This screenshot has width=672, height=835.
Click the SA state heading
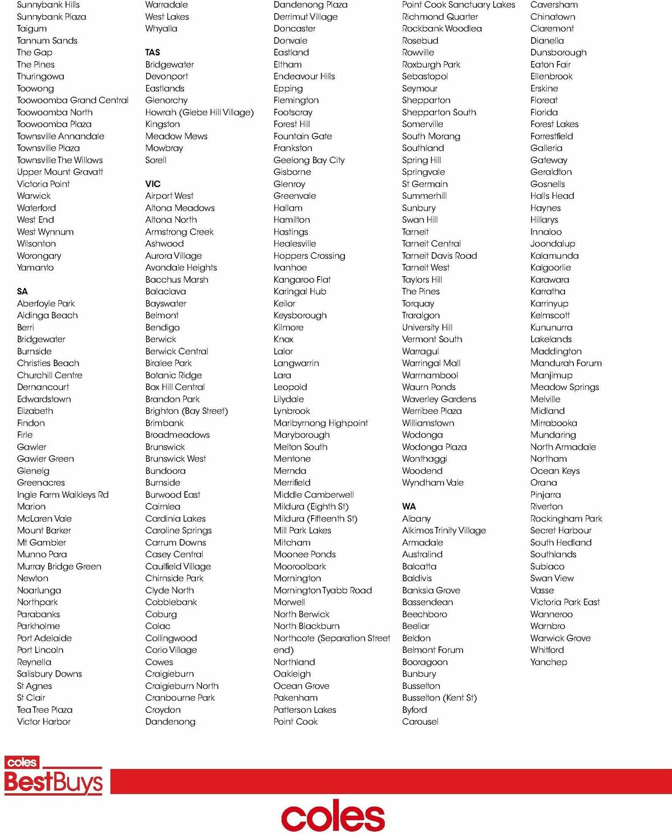click(22, 291)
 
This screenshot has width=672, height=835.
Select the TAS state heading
click(152, 52)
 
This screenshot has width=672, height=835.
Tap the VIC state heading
click(153, 184)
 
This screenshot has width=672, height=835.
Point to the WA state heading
click(409, 506)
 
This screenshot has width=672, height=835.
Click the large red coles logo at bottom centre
click(333, 818)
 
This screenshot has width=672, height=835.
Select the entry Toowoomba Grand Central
click(73, 100)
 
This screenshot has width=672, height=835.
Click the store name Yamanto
click(35, 267)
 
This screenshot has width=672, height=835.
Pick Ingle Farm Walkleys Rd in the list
click(63, 495)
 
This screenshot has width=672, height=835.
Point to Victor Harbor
click(44, 721)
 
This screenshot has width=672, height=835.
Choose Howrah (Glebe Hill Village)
click(199, 112)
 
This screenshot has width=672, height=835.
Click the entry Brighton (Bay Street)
click(186, 410)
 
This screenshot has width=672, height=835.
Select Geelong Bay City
click(309, 160)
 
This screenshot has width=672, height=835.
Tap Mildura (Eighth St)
click(311, 506)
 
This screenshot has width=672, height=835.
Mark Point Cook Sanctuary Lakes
click(458, 4)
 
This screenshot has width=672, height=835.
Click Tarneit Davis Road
click(439, 255)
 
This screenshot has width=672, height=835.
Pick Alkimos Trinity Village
click(444, 530)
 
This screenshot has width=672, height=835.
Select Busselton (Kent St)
click(439, 698)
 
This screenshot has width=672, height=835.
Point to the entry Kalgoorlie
click(550, 268)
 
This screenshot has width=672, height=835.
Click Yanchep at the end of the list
click(548, 662)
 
